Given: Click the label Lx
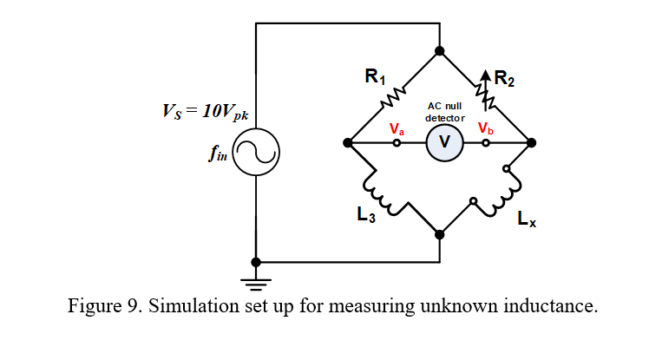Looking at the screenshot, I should pos(526,220).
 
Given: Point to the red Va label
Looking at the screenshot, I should pos(397,128).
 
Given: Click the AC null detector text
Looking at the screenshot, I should pos(445,111).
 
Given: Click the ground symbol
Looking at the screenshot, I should pos(255,279).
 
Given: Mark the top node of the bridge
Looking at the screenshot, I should pos(440,51).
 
